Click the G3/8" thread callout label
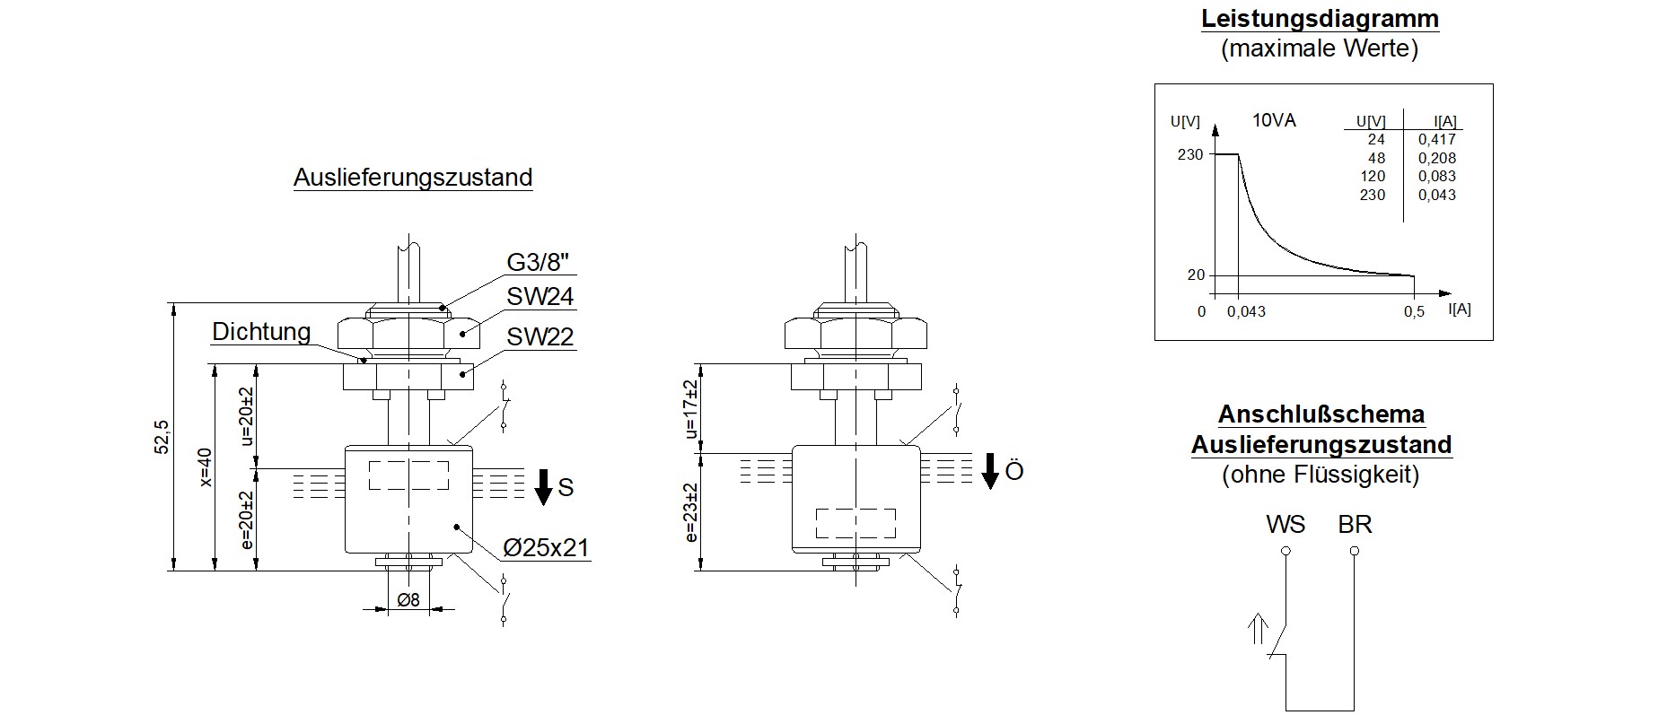[x=539, y=262]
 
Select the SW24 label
[x=540, y=297]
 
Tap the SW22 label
[x=540, y=337]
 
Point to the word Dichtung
[x=261, y=332]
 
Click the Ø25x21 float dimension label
[x=546, y=548]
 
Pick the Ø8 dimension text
[x=408, y=600]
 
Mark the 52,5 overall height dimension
[x=162, y=436]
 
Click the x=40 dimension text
[x=205, y=467]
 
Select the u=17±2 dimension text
[x=690, y=409]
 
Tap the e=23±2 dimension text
[x=690, y=513]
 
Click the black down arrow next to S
[x=543, y=486]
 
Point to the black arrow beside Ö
[x=989, y=471]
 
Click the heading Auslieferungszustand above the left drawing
[x=413, y=178]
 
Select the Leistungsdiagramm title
[x=1320, y=20]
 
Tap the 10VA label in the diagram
[x=1274, y=120]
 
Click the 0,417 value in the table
[x=1437, y=140]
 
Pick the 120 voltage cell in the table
[x=1373, y=177]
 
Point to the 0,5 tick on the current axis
[x=1414, y=312]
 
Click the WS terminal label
[x=1286, y=525]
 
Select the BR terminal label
[x=1355, y=525]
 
